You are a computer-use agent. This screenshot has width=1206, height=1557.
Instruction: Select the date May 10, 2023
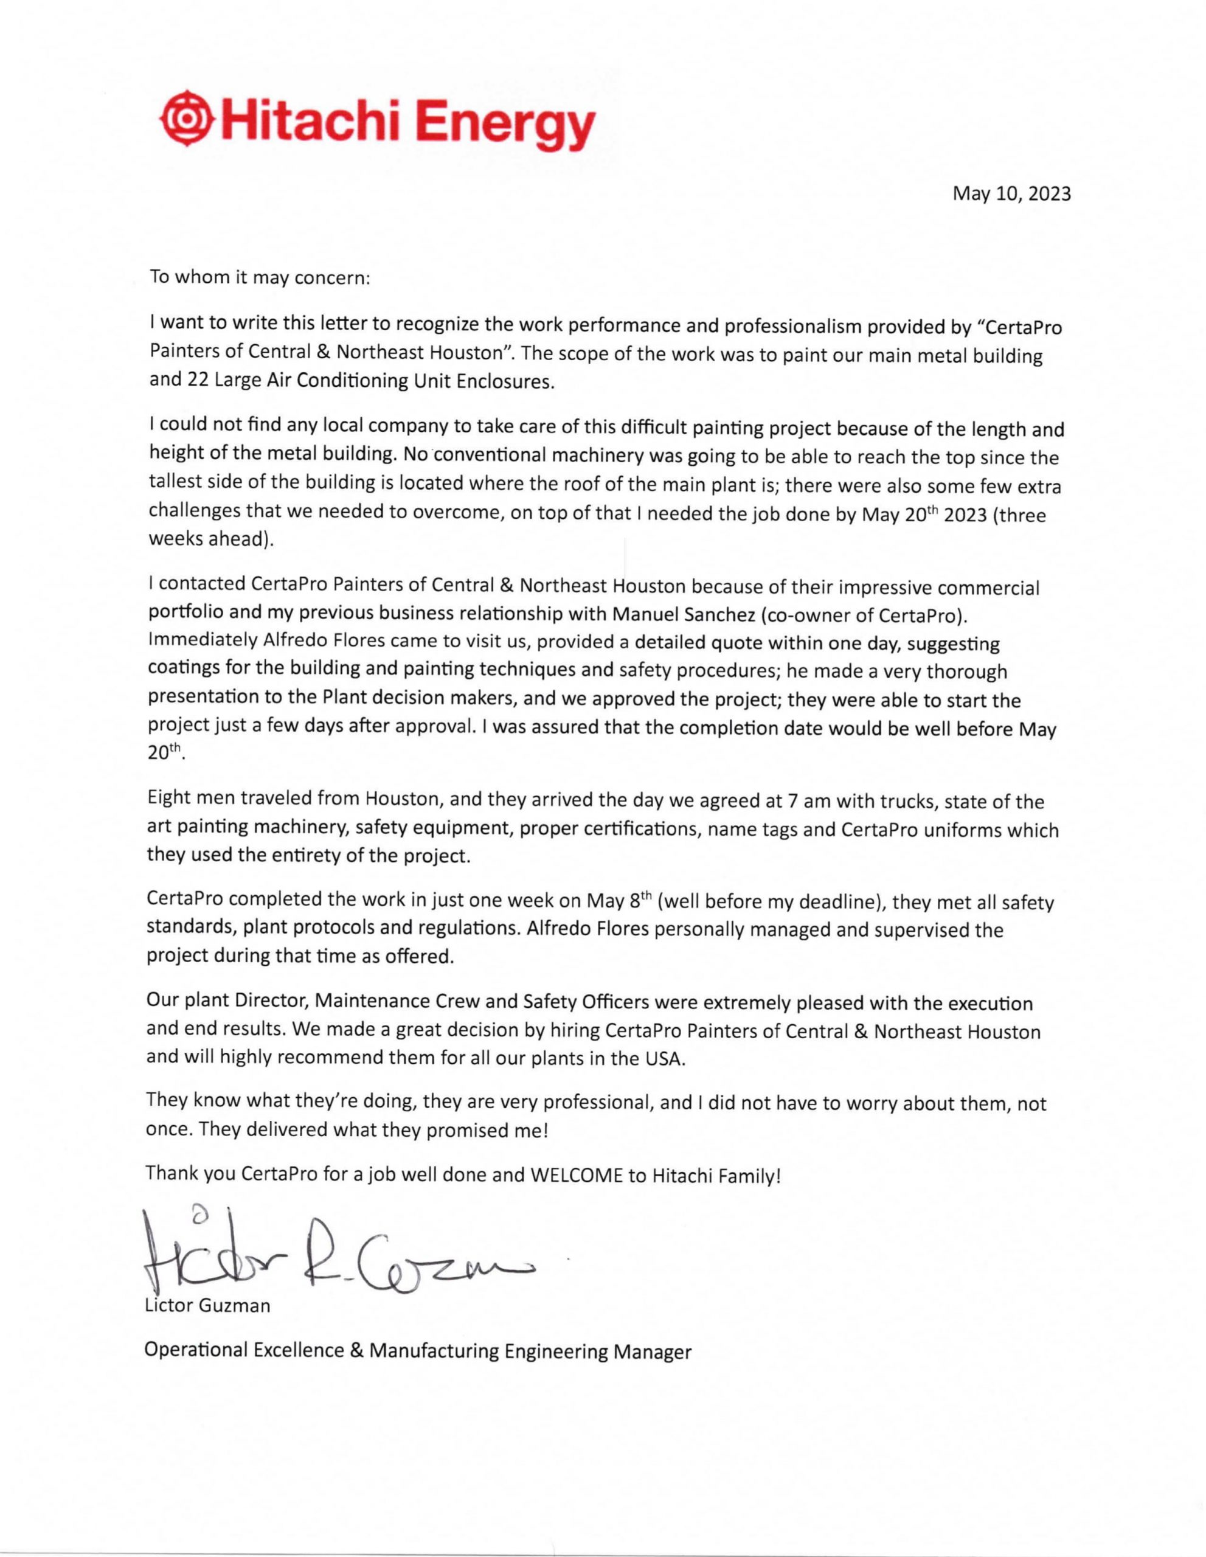pos(1011,194)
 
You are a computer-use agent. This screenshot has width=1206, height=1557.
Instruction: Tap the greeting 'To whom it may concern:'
pos(260,277)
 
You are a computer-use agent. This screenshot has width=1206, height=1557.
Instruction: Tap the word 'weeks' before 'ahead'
pos(174,539)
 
